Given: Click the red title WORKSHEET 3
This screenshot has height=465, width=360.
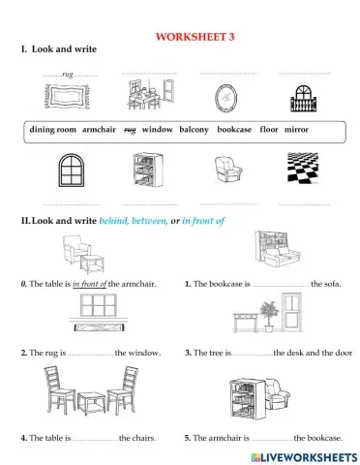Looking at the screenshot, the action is point(195,37).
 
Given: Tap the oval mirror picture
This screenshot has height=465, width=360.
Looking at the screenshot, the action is point(225,99).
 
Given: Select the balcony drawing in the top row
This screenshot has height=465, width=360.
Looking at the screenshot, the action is point(303,99).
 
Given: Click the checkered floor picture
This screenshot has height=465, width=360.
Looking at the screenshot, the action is point(303,168).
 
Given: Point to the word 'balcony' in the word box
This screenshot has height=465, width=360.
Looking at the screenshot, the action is point(194,130).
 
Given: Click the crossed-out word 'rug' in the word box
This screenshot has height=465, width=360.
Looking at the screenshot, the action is point(130,130).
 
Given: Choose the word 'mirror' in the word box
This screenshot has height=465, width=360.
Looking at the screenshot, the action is point(296,130).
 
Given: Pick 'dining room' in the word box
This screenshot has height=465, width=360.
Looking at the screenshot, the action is point(53,130).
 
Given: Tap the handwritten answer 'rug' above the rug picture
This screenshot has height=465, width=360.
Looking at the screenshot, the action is point(68,75).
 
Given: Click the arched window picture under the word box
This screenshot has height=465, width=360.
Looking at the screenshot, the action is point(72,170).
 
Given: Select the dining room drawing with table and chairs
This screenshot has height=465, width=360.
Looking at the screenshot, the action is point(150,94).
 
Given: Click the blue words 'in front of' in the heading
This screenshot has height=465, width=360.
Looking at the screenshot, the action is point(203,221).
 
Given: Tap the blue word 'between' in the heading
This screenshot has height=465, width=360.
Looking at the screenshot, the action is point(149,221).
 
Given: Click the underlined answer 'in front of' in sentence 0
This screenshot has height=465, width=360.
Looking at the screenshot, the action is point(89,284).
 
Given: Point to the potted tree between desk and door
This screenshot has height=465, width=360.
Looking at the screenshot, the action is point(269,316).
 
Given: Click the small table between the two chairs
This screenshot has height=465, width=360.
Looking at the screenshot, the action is point(91,403).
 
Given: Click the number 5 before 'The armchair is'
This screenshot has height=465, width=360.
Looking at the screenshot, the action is point(187,438).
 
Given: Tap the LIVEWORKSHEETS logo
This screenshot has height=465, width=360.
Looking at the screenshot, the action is point(304,457).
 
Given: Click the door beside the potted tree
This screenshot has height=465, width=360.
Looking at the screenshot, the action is point(291,312).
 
